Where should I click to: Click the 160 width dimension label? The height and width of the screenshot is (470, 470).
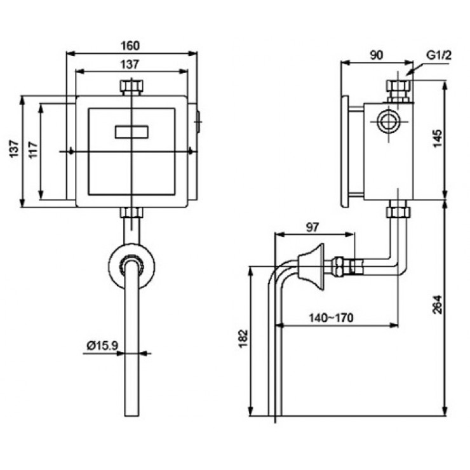131,46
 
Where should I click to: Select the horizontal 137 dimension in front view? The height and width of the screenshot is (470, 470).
131,64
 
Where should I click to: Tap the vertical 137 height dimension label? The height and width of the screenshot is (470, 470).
12,151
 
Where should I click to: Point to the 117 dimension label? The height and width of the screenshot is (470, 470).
32,151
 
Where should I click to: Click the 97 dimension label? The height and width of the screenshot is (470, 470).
313,227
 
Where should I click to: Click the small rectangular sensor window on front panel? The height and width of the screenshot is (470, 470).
131,133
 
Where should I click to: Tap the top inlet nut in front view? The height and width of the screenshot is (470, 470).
131,87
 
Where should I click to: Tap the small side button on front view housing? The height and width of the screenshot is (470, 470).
198,121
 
